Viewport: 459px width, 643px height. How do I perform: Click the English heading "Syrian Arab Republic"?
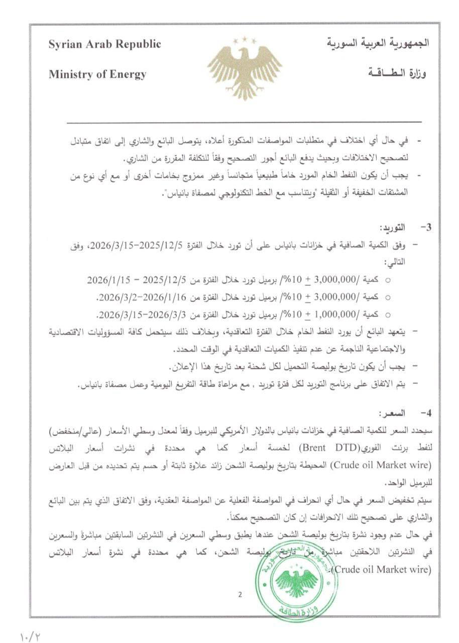coord(104,44)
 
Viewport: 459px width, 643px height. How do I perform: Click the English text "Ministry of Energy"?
coord(97,75)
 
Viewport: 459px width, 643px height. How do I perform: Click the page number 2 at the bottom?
coord(240,596)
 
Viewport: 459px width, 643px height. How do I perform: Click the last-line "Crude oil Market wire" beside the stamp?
coord(381,570)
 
